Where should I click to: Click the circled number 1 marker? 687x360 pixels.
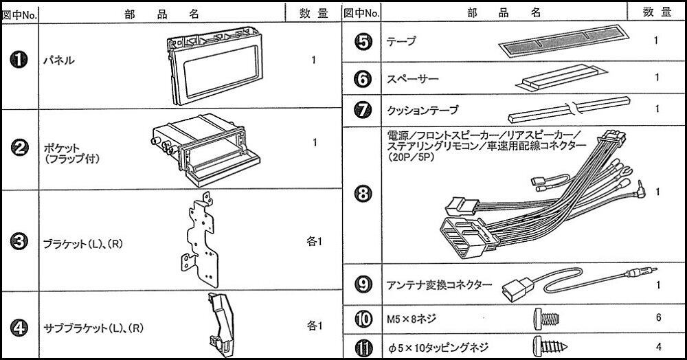[x=19, y=60]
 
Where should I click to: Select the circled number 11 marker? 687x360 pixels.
[x=363, y=348]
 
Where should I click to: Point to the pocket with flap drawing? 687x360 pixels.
[x=206, y=148]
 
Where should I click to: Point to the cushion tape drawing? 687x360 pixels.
[x=569, y=109]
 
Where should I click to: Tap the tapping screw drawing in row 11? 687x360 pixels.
[x=550, y=346]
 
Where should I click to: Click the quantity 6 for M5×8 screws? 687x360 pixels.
[x=658, y=317]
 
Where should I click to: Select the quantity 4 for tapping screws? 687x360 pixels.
[x=659, y=347]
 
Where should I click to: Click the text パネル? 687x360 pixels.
[x=58, y=60]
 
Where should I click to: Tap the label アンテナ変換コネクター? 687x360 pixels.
[x=440, y=286]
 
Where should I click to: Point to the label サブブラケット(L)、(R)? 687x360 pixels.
[x=93, y=328]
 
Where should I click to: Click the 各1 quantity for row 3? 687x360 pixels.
[x=314, y=242]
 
